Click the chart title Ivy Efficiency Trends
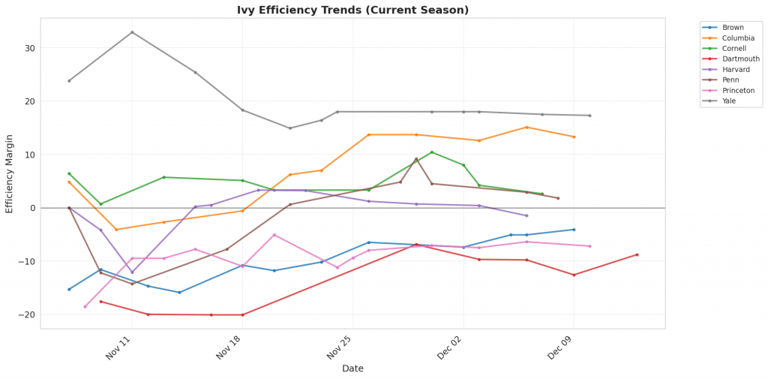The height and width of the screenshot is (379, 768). pyautogui.click(x=352, y=10)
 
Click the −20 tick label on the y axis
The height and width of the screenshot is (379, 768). pyautogui.click(x=26, y=314)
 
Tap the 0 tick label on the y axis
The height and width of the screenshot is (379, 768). pyautogui.click(x=31, y=208)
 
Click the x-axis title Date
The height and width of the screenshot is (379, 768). pyautogui.click(x=352, y=368)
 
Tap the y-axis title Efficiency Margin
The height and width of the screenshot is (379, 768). pyautogui.click(x=10, y=173)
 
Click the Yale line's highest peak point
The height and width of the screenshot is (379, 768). pyautogui.click(x=132, y=32)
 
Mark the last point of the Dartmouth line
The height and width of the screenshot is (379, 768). pyautogui.click(x=637, y=254)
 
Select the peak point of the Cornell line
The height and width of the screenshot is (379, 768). pyautogui.click(x=431, y=152)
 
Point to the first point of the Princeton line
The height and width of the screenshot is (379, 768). pyautogui.click(x=85, y=306)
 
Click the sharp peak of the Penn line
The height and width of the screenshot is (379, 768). pyautogui.click(x=416, y=159)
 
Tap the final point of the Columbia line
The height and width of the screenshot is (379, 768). pyautogui.click(x=574, y=137)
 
